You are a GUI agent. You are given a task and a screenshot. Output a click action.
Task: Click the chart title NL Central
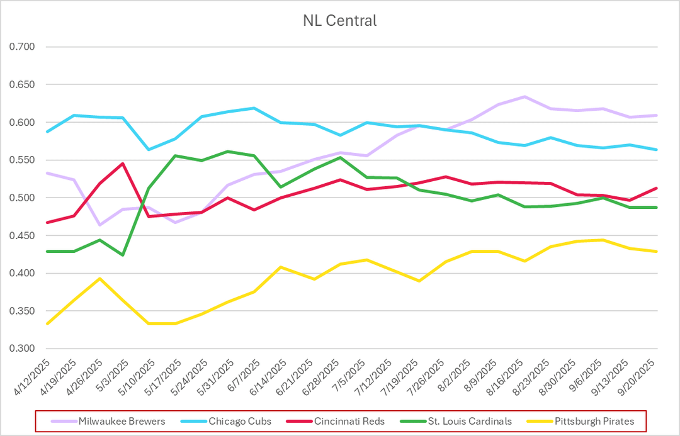point(339,21)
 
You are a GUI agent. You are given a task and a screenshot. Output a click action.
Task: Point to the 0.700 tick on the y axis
point(22,47)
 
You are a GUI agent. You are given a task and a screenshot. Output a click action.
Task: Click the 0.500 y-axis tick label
point(22,198)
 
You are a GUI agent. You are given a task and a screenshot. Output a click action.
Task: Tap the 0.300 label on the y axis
point(22,349)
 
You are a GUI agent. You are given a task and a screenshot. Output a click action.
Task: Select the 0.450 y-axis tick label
point(22,236)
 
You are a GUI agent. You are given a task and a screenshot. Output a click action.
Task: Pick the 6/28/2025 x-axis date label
point(329,376)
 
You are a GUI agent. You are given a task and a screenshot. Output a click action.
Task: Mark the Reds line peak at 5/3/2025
point(122,164)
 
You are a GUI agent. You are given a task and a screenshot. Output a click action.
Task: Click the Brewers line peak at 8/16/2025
point(524,96)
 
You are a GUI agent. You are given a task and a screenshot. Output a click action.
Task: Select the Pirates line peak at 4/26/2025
point(99,278)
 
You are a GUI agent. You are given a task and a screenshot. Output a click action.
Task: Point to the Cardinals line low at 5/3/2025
point(122,255)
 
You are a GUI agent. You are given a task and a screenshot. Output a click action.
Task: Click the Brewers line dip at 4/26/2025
point(99,225)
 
